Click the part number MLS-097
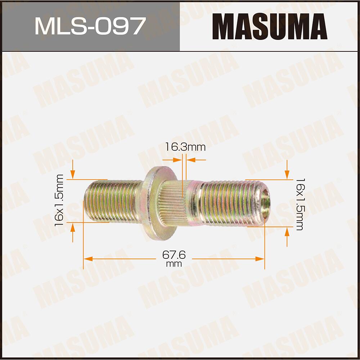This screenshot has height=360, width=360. point(90,26)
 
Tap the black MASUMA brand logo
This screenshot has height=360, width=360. point(270,26)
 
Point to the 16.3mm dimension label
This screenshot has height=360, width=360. point(185,147)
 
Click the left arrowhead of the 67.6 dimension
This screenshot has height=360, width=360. point(87,259)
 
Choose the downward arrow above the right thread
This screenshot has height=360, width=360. point(287,175)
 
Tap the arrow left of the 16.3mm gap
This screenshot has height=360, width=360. point(179,159)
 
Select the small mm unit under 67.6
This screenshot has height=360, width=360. point(174,264)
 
